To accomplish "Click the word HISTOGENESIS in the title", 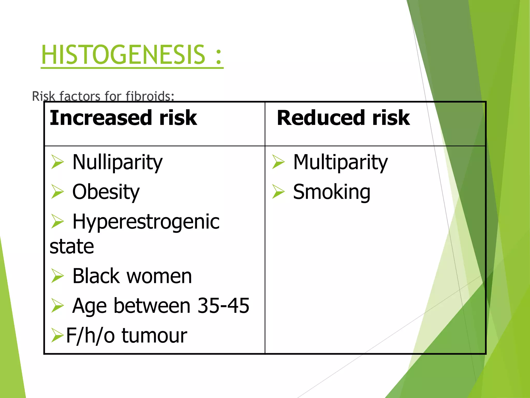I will tap(123, 55).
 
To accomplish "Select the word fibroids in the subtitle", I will tap(150, 96).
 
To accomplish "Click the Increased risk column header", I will tap(123, 118).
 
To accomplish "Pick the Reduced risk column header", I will tap(343, 118).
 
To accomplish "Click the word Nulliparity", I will tap(117, 162).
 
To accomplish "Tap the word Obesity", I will tap(106, 192).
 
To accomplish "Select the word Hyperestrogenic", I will tap(146, 222).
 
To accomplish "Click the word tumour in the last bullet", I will tap(154, 335).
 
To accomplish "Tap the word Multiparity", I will tap(340, 162).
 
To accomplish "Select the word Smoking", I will tap(332, 192).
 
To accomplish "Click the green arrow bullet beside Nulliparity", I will tap(57, 162).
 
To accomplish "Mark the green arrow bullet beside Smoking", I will tap(278, 192).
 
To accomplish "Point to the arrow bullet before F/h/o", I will tap(57, 335).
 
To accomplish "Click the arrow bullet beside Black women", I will tap(57, 276).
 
